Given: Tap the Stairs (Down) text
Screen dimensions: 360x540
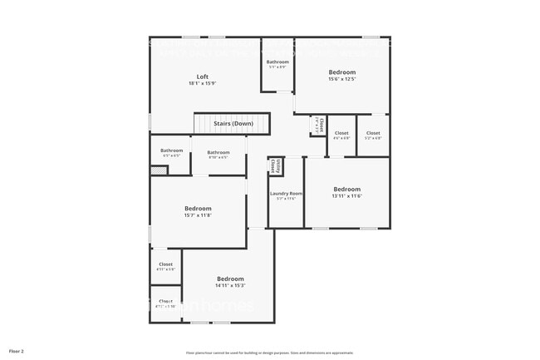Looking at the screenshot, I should click(233, 123).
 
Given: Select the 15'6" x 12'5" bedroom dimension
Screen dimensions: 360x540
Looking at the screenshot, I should click(341, 81).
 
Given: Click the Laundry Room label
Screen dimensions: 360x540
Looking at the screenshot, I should click(286, 194).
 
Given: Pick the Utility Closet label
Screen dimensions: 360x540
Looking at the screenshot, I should click(273, 166).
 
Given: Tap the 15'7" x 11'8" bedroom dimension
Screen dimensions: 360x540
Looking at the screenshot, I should click(198, 216).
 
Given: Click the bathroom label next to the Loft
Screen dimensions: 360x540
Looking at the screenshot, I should click(277, 62).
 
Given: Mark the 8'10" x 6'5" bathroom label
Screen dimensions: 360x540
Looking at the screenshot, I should click(218, 152).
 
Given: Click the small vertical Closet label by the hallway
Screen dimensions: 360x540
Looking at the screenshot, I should click(317, 126).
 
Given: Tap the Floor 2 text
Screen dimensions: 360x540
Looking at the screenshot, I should click(17, 351).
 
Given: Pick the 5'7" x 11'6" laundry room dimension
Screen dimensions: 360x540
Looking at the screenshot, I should click(286, 199).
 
